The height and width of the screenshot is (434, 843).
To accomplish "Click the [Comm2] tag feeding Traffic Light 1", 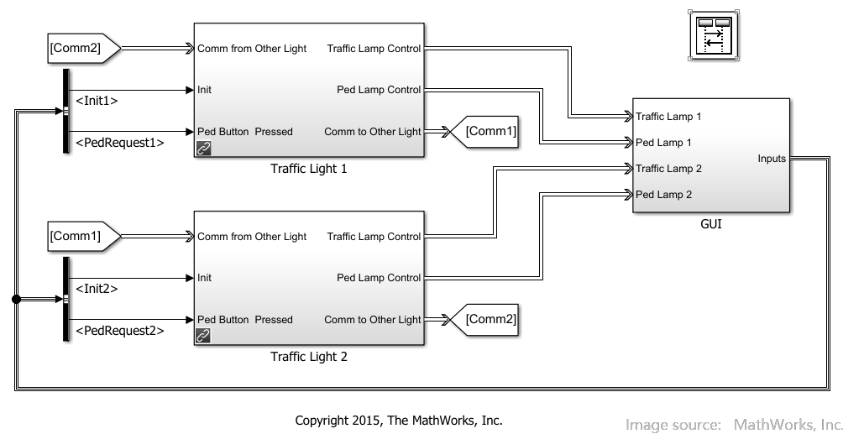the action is [84, 49].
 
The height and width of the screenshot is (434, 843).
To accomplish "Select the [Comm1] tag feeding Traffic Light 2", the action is [84, 236].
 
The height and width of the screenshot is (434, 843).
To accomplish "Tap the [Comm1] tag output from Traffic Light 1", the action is [484, 132].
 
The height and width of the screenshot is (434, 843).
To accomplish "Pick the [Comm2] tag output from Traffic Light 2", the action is [484, 320].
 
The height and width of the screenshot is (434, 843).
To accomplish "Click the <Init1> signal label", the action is [97, 101].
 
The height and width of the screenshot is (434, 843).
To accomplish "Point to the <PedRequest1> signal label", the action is [120, 143].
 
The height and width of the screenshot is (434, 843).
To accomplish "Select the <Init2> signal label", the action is [97, 289].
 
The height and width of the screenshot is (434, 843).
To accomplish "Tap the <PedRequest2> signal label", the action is [120, 331].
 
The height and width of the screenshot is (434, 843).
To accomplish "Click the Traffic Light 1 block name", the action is [309, 169].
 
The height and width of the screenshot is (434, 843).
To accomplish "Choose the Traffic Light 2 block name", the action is [309, 357].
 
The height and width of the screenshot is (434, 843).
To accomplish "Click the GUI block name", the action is [710, 224].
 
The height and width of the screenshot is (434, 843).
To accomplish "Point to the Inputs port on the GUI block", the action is [772, 159].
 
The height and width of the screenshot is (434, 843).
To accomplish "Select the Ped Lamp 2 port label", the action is [663, 195].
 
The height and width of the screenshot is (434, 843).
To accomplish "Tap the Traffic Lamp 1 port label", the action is [668, 116].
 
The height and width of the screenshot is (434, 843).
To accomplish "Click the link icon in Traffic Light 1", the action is [203, 148].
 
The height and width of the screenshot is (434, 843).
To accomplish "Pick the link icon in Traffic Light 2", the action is [203, 336].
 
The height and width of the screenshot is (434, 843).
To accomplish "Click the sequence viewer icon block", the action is [714, 35].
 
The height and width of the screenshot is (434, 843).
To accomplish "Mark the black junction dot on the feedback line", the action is [16, 300].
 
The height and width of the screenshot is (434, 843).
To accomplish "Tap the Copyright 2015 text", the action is [399, 421].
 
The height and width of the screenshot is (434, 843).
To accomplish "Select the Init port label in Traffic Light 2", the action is [204, 278].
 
